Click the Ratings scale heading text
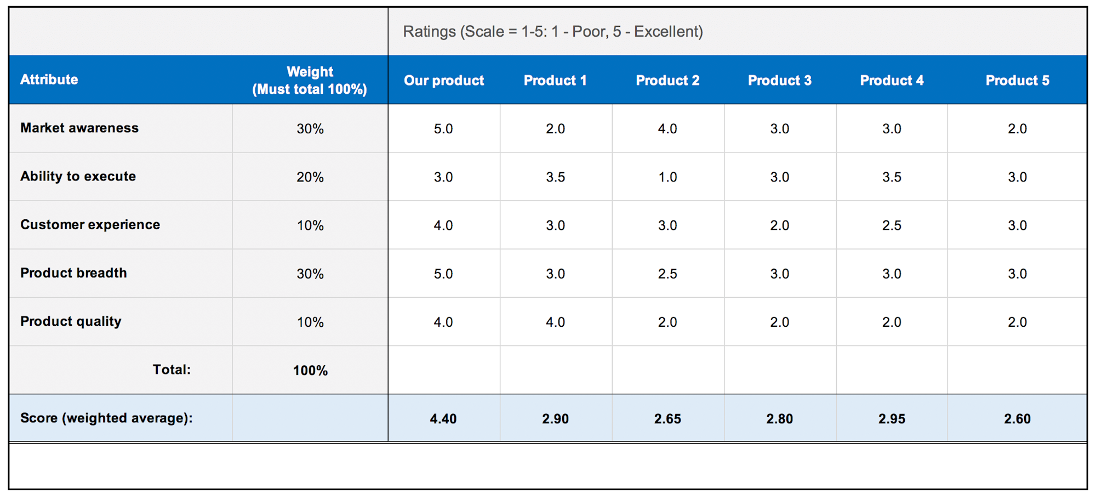tap(552, 31)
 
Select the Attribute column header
tap(49, 80)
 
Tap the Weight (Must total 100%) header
tap(310, 80)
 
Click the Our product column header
tap(444, 81)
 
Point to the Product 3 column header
tap(779, 81)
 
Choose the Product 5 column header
tap(1017, 81)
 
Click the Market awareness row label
tap(79, 128)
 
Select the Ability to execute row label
tap(78, 176)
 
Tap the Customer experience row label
tap(90, 224)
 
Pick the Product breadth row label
tap(73, 273)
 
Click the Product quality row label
tap(71, 321)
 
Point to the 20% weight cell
tap(310, 177)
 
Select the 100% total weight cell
tap(310, 370)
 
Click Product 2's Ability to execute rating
tap(667, 177)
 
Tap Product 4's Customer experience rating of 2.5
tap(892, 225)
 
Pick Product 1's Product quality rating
tap(555, 322)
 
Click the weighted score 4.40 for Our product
tap(443, 418)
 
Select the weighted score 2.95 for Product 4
tap(892, 418)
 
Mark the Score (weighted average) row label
tap(106, 418)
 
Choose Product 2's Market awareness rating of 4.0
tap(667, 129)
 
